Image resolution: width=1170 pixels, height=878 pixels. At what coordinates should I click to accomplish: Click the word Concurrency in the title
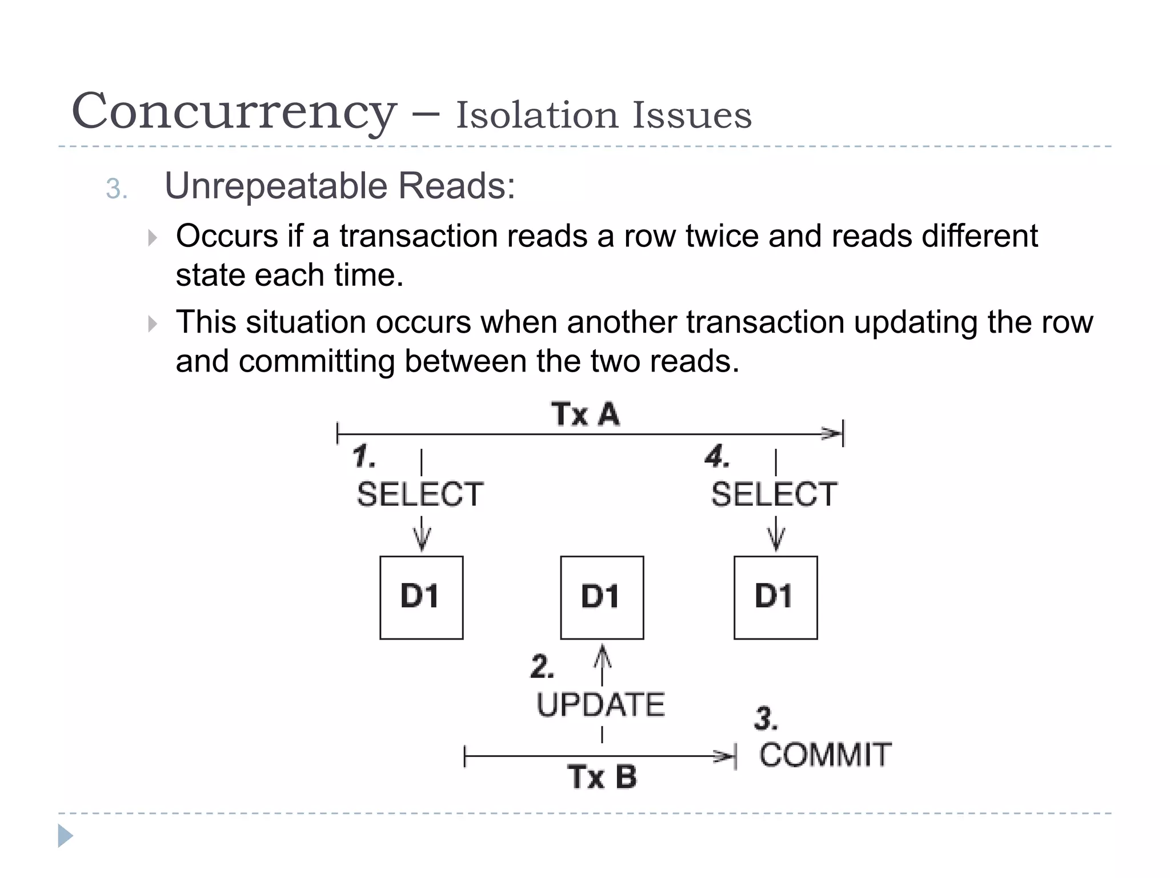(233, 112)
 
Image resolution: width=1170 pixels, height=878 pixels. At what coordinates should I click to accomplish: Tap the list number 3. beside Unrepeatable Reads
(117, 189)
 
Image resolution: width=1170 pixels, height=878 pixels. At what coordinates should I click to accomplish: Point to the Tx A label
(585, 414)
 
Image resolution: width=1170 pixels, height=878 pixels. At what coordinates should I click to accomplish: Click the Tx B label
(602, 777)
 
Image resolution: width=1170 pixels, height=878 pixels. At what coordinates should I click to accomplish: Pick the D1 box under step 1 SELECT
(422, 597)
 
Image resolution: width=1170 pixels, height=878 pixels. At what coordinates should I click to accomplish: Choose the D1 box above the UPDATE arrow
(602, 597)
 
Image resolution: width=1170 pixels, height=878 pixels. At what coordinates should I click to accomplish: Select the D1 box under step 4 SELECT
(775, 597)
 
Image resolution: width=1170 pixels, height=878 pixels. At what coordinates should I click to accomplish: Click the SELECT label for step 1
(420, 494)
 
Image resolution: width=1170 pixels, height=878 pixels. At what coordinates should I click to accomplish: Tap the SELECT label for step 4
(774, 494)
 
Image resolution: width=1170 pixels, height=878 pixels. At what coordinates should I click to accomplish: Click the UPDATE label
(601, 704)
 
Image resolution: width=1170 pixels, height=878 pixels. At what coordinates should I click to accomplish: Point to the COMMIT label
(826, 755)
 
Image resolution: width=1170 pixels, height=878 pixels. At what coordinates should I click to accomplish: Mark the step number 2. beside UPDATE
(542, 667)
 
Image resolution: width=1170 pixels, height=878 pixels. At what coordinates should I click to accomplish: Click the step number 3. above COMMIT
(766, 719)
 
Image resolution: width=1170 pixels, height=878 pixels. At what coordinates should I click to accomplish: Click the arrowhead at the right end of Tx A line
(832, 433)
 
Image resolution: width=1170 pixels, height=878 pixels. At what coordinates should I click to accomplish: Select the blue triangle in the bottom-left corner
(65, 836)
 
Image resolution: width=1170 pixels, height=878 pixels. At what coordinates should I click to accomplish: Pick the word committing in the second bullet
(316, 361)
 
